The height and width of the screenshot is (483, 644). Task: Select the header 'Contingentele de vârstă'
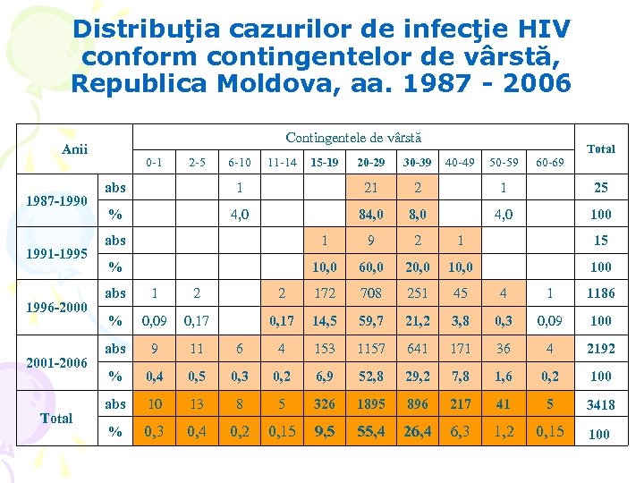(353, 138)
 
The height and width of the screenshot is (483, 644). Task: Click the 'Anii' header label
(74, 148)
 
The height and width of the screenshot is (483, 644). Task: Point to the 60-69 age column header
(549, 163)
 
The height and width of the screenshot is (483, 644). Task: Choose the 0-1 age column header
(154, 163)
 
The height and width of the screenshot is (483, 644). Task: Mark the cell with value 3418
(599, 404)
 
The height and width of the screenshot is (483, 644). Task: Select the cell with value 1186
(599, 293)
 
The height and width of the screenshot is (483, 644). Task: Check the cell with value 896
(417, 403)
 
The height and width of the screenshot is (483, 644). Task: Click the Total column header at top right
(600, 148)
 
